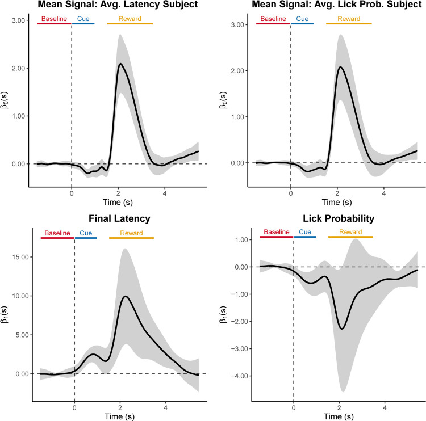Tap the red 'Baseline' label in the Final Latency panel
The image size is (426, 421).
(57, 233)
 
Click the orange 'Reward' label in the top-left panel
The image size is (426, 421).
(130, 19)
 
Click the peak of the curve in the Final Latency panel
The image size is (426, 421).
(126, 296)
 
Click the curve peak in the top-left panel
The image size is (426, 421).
(120, 64)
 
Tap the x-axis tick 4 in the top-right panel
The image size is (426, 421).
(383, 192)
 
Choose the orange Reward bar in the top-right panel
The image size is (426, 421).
(349, 24)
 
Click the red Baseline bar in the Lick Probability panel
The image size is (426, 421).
(277, 237)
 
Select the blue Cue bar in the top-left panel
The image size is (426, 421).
(83, 24)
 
